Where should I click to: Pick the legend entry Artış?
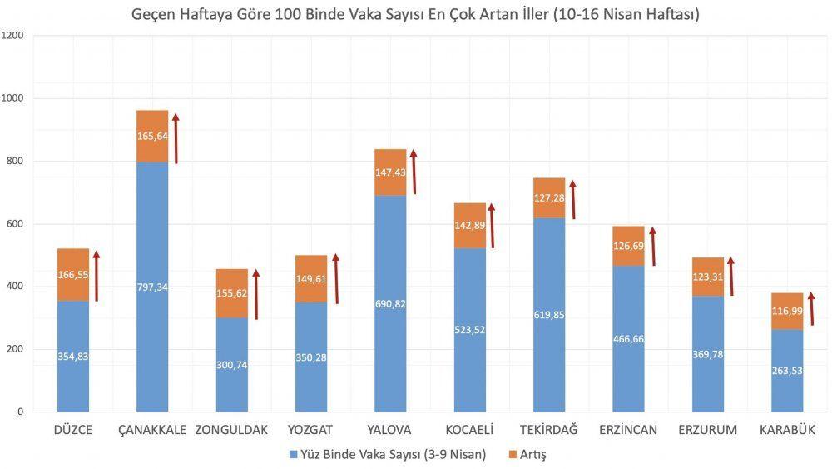click(x=529, y=455)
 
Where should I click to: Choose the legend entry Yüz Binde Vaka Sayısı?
click(x=391, y=455)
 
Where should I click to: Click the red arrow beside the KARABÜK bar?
click(x=811, y=308)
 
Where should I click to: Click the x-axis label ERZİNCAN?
click(x=628, y=430)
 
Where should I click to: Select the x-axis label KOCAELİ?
click(x=469, y=430)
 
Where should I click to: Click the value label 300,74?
click(x=232, y=365)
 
